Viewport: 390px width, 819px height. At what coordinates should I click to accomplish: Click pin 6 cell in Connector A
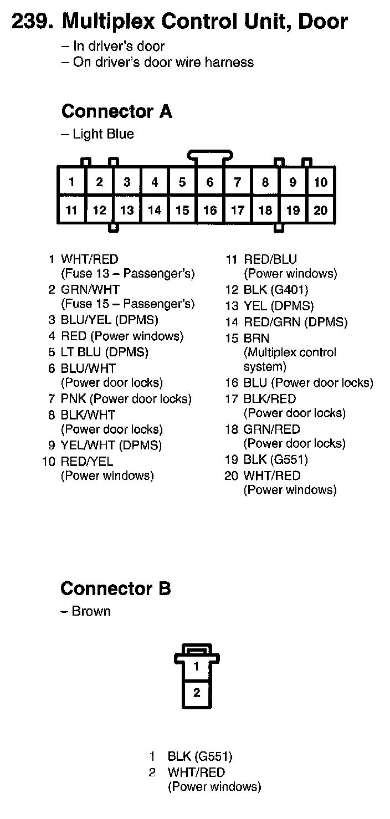(x=210, y=182)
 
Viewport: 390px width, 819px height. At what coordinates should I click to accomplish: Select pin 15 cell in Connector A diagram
(x=182, y=210)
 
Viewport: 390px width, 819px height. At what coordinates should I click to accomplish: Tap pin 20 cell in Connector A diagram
(x=321, y=210)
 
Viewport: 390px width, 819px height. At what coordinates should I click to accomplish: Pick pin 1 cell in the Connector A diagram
(x=71, y=182)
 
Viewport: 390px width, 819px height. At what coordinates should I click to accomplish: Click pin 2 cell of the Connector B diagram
(x=197, y=693)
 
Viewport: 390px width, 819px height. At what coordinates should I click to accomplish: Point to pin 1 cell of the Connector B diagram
(x=197, y=667)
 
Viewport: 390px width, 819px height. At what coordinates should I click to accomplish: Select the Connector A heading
(x=117, y=111)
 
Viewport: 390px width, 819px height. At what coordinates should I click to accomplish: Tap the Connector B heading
(x=116, y=588)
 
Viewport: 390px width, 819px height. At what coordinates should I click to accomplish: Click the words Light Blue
(x=103, y=134)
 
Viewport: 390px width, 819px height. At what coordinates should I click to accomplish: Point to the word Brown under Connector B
(x=91, y=611)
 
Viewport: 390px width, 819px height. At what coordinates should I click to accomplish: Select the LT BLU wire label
(x=81, y=352)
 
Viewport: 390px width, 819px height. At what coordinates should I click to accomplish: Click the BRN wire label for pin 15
(x=256, y=338)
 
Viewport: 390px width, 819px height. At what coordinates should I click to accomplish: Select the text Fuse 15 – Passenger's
(x=127, y=304)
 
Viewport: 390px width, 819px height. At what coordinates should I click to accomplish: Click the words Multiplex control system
(x=290, y=359)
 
